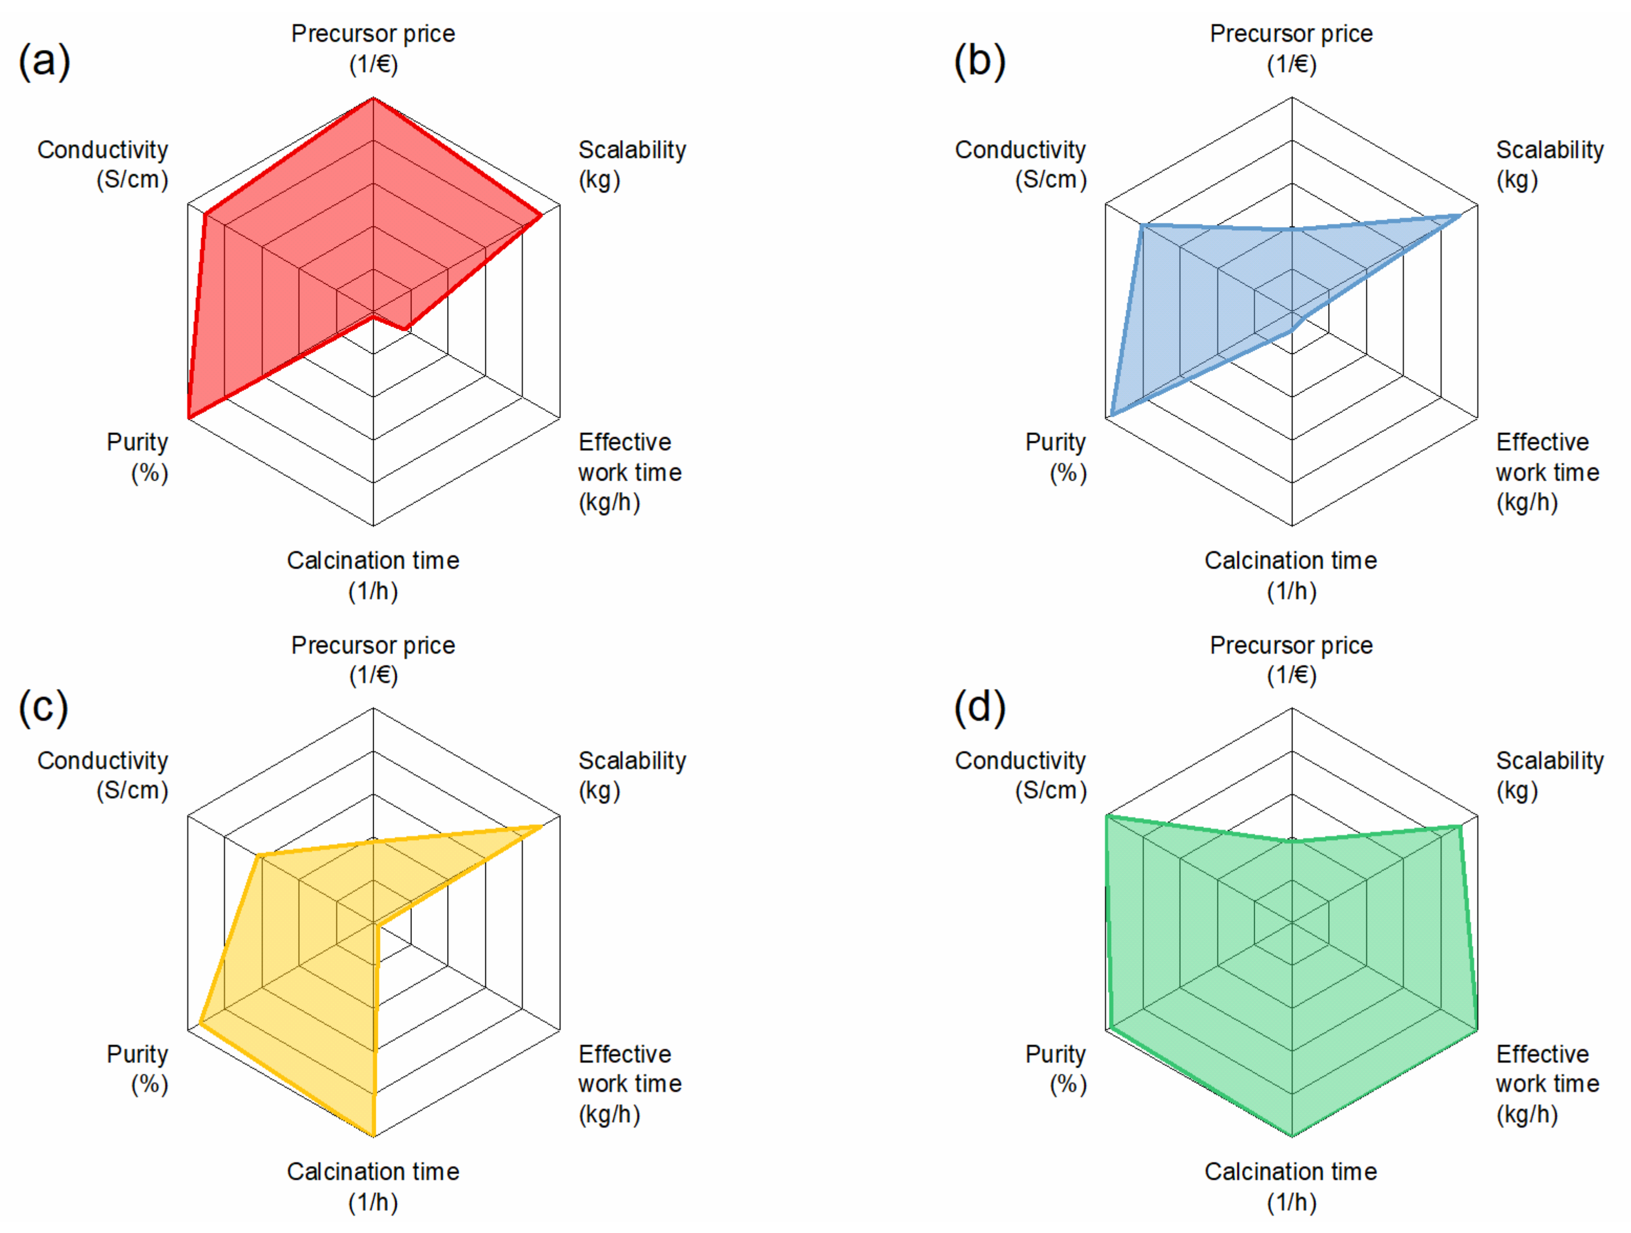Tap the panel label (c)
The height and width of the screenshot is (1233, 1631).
[x=43, y=707]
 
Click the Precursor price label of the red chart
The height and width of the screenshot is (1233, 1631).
[x=373, y=49]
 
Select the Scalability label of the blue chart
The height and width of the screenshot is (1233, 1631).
[x=1549, y=165]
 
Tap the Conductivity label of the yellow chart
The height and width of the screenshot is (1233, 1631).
[x=103, y=775]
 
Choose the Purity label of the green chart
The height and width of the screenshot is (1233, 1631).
[x=1056, y=1068]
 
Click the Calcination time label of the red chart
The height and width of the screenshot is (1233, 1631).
[x=373, y=575]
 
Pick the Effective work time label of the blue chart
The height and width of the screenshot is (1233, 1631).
[x=1547, y=472]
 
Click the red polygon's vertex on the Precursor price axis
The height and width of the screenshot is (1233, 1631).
[x=373, y=98]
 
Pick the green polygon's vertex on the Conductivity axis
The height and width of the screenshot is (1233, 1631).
[x=1107, y=816]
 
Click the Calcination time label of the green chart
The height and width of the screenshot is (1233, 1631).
[x=1291, y=1186]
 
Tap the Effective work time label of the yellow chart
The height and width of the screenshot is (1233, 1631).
[x=629, y=1083]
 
